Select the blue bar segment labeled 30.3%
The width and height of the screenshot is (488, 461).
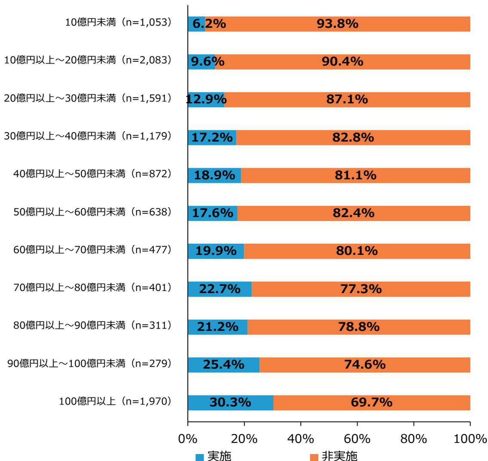click(230, 402)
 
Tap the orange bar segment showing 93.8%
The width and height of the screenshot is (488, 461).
click(337, 24)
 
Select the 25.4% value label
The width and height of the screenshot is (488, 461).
click(223, 365)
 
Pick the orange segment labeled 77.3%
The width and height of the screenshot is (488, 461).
click(361, 289)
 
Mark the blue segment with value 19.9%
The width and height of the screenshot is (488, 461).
click(216, 251)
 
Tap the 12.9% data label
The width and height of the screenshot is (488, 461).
click(206, 100)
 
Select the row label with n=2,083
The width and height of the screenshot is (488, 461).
click(88, 61)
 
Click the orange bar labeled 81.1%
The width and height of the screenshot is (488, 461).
click(355, 176)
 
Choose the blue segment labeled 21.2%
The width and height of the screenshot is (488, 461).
click(217, 327)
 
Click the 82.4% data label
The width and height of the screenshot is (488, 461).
click(354, 213)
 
